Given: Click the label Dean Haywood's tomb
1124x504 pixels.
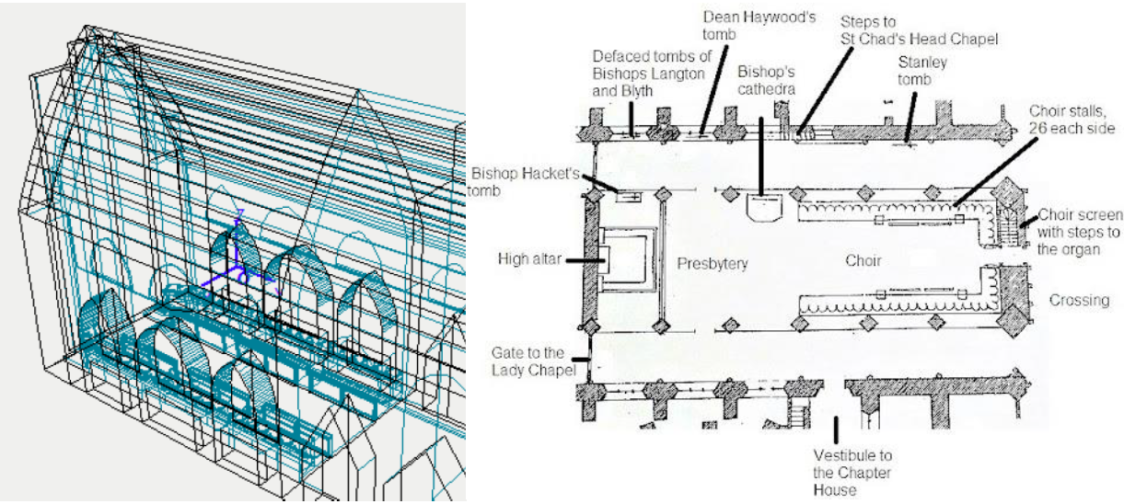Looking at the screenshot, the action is (759, 26).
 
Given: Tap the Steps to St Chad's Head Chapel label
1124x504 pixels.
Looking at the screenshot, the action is (919, 30).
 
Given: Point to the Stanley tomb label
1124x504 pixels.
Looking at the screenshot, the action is (922, 71).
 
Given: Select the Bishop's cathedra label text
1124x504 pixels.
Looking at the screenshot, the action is (766, 80).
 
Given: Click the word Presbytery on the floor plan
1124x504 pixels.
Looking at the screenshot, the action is (712, 263).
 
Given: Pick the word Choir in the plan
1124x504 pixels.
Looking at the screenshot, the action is (863, 260).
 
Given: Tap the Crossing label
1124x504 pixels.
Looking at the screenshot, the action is (1079, 300).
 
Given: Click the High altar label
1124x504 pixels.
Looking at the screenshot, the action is (529, 258).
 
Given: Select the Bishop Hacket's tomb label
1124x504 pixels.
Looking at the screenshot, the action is (524, 182).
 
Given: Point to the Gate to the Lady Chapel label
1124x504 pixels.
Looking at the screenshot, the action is (533, 361).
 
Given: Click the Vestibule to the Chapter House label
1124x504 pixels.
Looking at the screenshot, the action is (852, 473).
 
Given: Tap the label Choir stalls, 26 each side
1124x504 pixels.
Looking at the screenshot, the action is (1072, 120).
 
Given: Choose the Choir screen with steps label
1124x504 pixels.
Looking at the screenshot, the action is (1079, 232).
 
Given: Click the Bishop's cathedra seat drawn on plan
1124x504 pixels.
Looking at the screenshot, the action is (764, 207).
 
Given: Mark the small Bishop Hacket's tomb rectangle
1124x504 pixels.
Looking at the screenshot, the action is (629, 197).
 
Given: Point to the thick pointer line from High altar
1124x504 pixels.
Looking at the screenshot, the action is (585, 260).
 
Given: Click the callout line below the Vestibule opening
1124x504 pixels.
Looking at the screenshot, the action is (836, 430).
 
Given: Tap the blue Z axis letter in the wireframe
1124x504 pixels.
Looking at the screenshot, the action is (240, 215).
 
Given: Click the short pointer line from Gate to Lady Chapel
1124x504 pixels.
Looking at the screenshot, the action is (581, 360).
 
